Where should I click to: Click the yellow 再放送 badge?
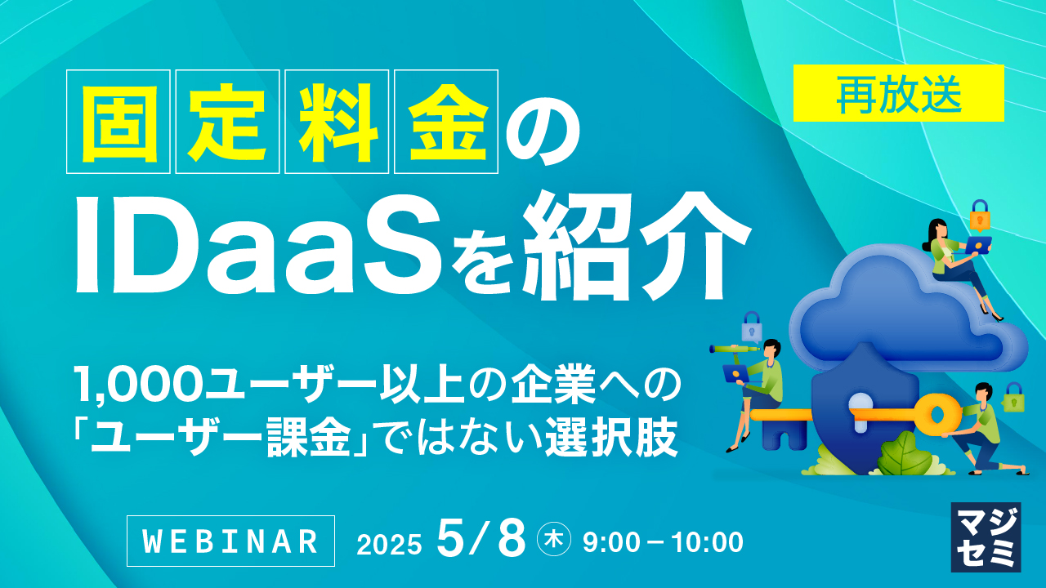tap(898, 93)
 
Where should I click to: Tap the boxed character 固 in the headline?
tap(118, 122)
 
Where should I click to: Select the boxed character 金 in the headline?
tap(445, 122)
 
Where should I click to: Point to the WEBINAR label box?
tap(230, 541)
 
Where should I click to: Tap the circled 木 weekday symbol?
tap(553, 541)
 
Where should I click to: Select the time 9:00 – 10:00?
tap(663, 541)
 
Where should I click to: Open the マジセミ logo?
tap(986, 537)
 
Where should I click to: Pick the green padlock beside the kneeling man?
tap(1014, 397)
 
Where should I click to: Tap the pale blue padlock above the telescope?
tap(751, 327)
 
